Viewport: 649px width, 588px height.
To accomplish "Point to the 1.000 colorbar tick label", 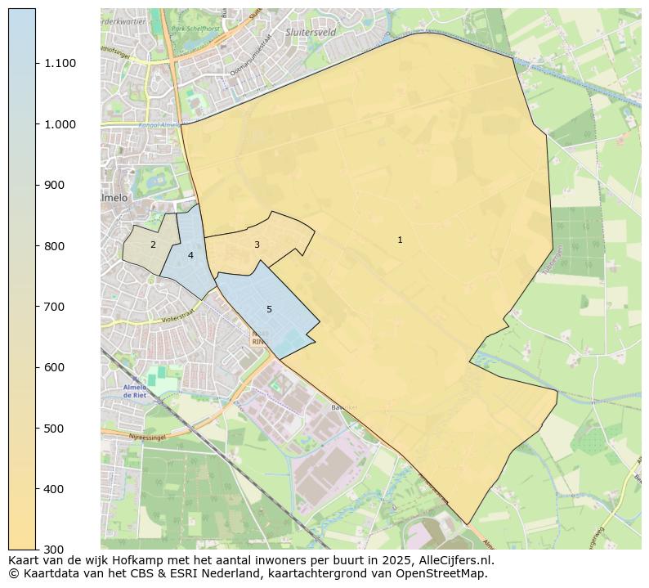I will point(60,124).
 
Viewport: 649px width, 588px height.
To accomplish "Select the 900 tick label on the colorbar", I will point(55,185).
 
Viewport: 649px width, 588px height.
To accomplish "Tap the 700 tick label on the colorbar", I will point(55,307).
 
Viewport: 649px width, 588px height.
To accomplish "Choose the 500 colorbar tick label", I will point(55,429).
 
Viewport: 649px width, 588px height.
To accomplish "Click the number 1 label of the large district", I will point(400,240).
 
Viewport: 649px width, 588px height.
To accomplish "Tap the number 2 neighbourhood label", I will point(153,245).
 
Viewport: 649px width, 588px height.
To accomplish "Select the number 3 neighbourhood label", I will point(257,245).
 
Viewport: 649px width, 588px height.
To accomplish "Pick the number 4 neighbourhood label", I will point(190,255).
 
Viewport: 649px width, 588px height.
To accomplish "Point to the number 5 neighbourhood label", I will point(269,309).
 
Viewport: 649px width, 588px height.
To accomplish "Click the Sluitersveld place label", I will point(311,32).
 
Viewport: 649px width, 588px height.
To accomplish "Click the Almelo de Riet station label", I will point(134,391).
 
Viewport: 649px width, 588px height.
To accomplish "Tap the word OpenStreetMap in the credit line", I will point(448,573).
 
